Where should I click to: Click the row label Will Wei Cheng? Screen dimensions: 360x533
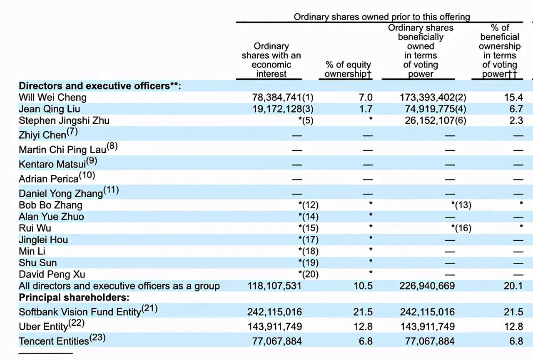tap(52, 97)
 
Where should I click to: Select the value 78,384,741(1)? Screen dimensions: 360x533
tap(283, 97)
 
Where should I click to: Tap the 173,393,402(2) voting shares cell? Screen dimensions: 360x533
tap(433, 97)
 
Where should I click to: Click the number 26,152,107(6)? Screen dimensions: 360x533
tap(436, 121)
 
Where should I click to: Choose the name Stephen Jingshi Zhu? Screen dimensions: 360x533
tap(64, 121)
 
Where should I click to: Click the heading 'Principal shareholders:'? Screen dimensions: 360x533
tap(74, 298)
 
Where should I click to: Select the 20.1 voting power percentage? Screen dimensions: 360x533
tap(516, 286)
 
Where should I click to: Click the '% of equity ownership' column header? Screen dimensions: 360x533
tap(348, 69)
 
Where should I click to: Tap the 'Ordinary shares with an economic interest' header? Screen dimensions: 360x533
tap(271, 60)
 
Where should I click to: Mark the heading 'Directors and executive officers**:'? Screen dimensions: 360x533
tap(100, 86)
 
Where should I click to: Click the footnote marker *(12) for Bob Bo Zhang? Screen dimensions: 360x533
tap(309, 205)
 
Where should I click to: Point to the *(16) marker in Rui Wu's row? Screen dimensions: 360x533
tap(461, 228)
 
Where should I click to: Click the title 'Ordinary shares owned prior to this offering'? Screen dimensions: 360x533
tap(382, 17)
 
